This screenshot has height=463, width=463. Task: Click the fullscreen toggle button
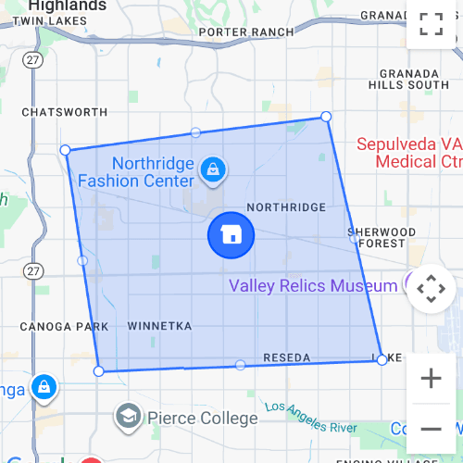point(431,24)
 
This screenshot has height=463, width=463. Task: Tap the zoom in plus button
point(431,378)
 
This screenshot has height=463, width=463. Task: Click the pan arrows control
point(431,290)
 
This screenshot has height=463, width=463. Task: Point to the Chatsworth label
point(65,112)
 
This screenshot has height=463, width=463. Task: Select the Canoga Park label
point(65,327)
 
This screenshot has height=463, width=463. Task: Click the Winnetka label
point(159,327)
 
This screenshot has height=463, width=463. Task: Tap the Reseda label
point(286,357)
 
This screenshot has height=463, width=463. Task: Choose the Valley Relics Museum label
point(313,286)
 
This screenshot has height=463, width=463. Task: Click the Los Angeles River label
point(310,419)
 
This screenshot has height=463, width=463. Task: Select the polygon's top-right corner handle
point(326,116)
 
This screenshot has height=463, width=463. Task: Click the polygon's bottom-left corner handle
point(99,371)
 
